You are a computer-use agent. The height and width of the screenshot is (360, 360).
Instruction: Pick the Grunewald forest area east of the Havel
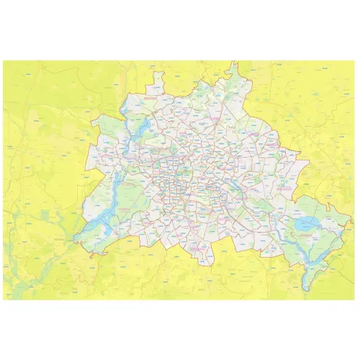click(130, 191)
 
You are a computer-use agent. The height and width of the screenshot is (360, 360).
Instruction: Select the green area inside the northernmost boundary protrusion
click(230, 76)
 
